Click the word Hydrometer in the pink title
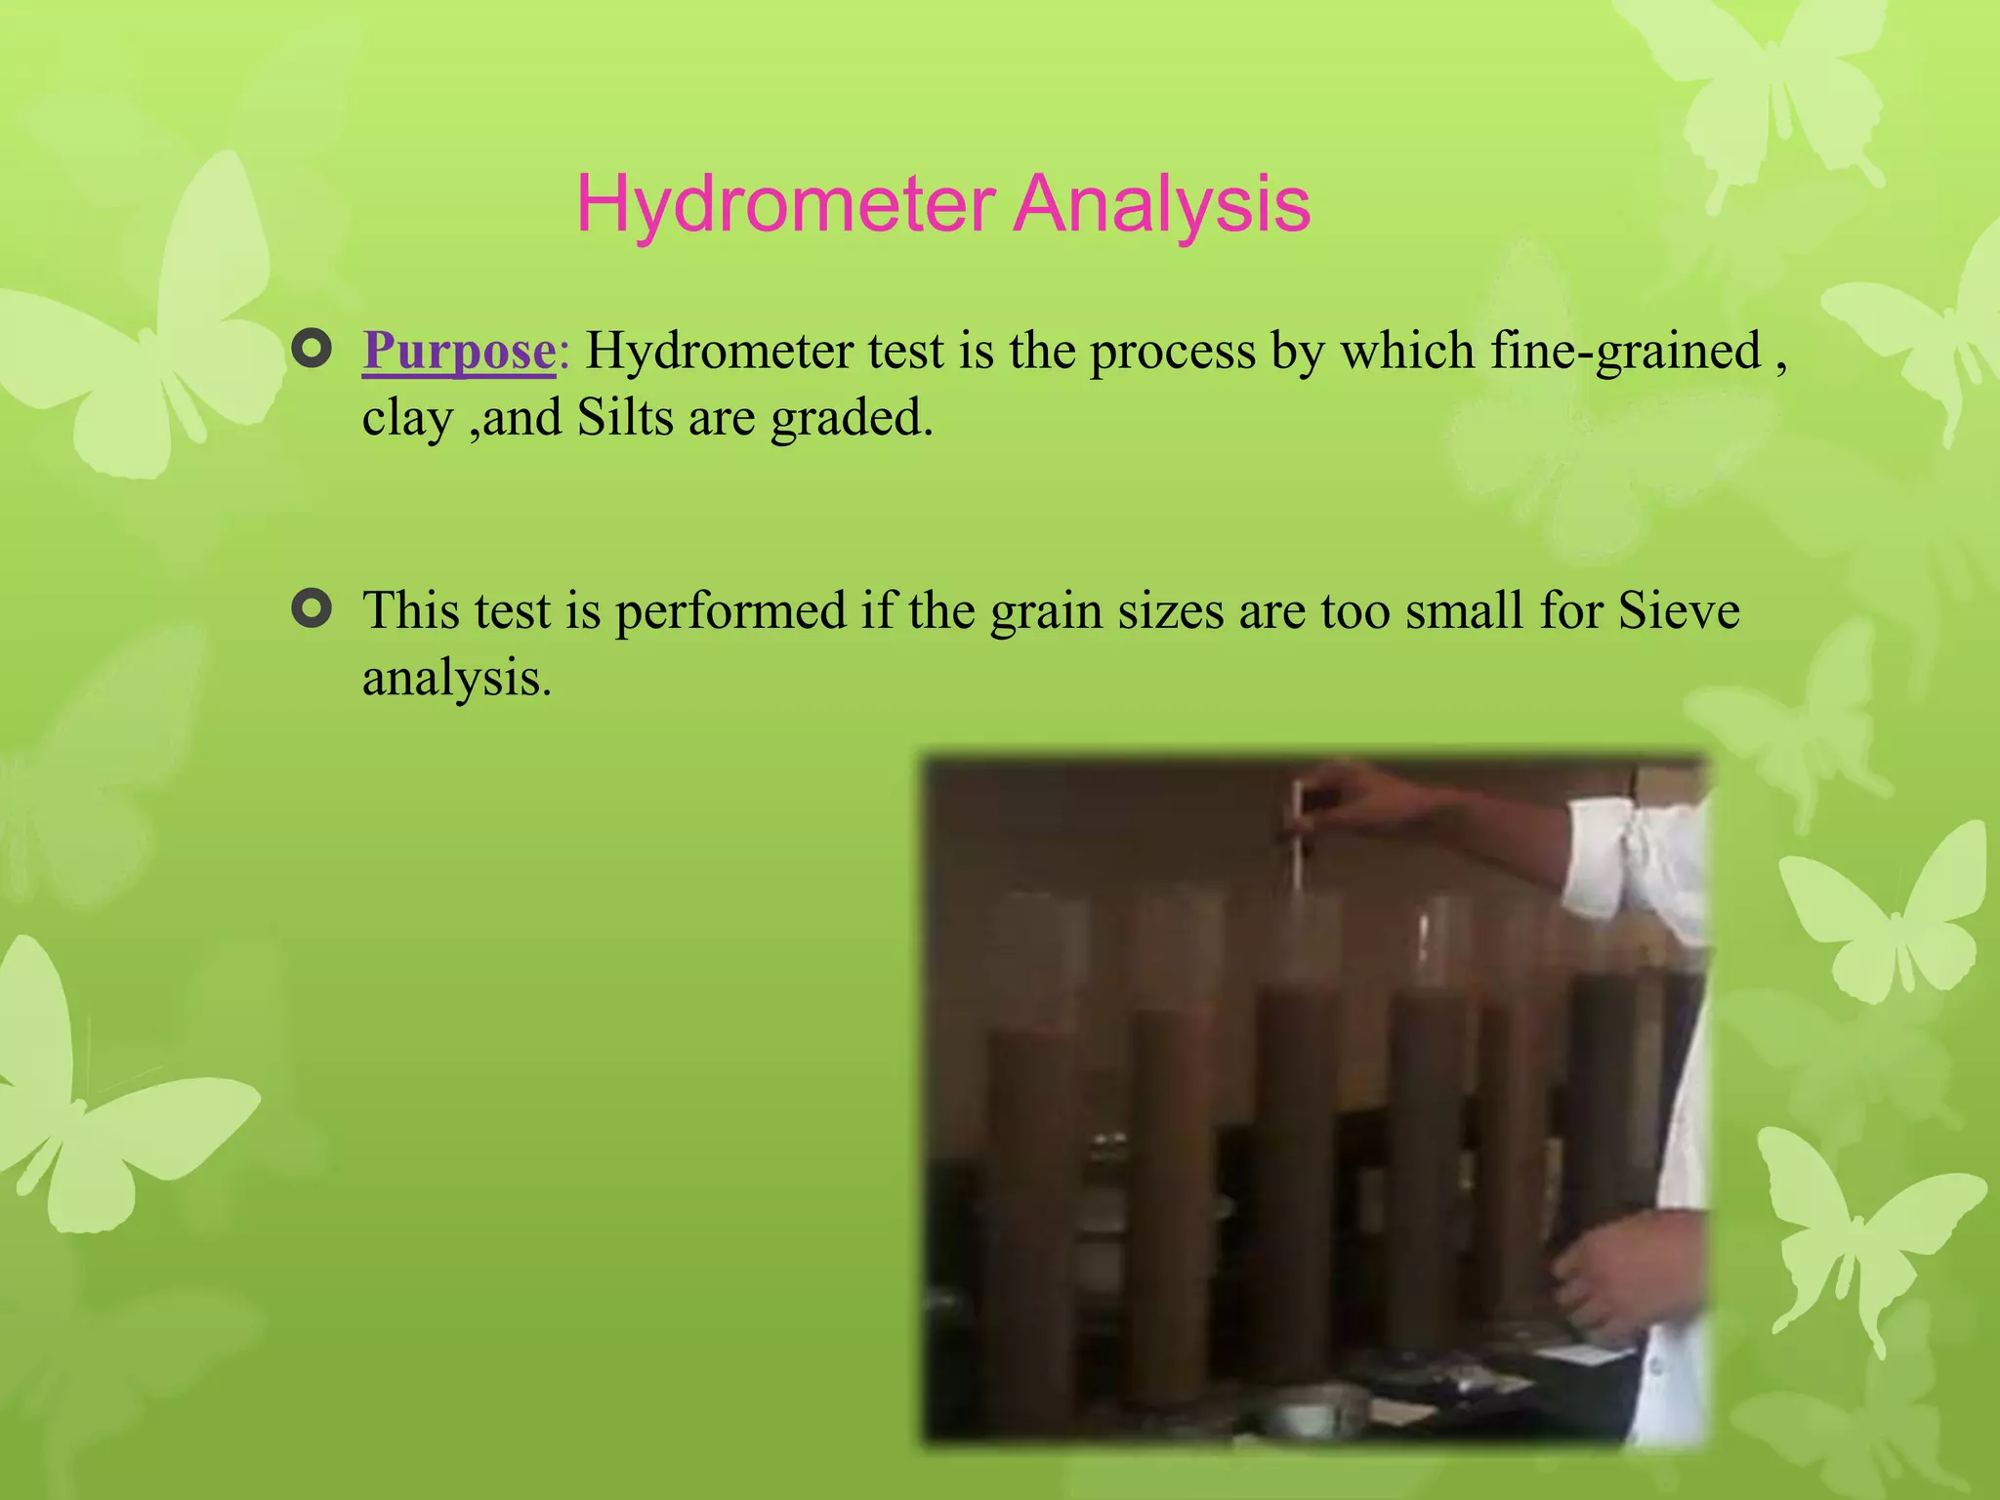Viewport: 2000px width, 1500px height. click(785, 205)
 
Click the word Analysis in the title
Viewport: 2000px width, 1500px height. click(1161, 205)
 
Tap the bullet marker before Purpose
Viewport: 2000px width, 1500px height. click(312, 349)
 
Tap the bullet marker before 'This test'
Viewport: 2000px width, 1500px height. click(312, 609)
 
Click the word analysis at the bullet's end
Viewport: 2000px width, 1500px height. click(455, 678)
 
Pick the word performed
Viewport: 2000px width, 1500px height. click(729, 611)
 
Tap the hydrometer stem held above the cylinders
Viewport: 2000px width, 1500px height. click(1297, 840)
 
